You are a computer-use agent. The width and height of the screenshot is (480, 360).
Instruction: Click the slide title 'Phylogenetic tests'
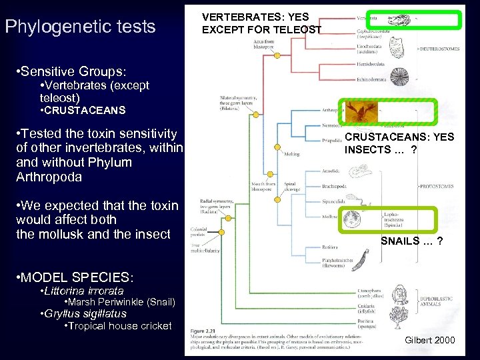[79, 27]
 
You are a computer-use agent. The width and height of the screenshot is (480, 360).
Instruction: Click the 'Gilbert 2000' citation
[429, 341]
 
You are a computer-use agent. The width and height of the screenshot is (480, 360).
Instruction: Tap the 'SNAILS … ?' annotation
[411, 240]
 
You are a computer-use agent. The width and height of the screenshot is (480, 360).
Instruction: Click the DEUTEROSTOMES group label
[440, 49]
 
